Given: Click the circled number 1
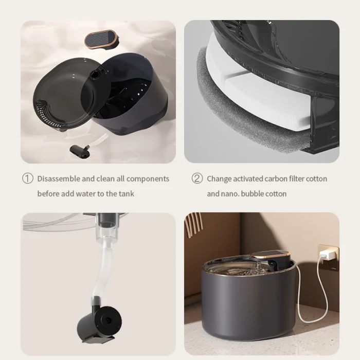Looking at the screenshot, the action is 28,178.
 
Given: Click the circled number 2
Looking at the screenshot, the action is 197,178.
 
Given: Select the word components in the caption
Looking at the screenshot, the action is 148,179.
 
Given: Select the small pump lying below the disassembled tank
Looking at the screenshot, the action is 79,151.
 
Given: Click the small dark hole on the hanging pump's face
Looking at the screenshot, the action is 106,319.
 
